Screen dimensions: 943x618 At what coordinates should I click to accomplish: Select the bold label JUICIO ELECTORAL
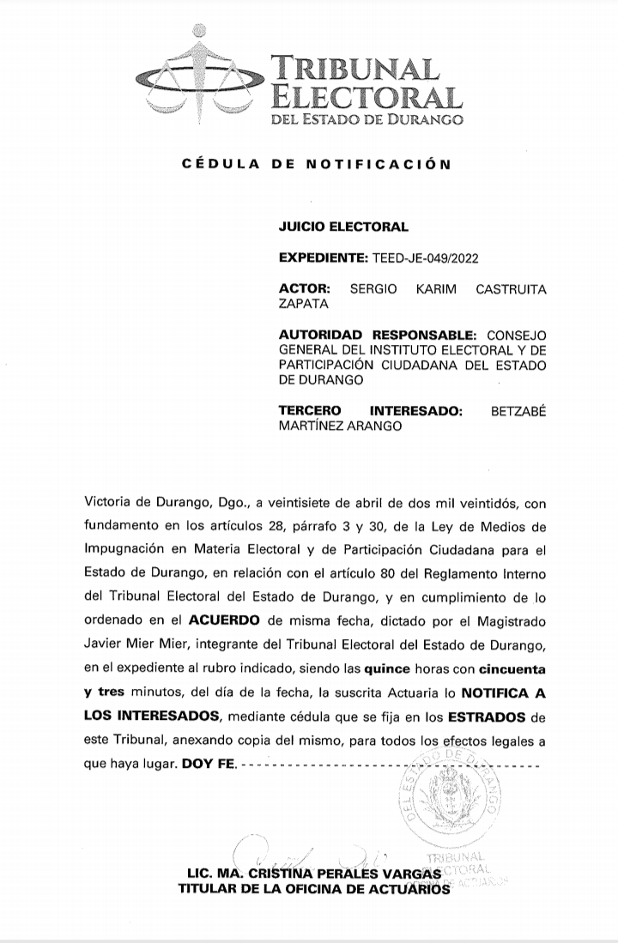pos(343,227)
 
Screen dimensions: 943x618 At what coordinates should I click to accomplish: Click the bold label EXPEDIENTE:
pos(324,257)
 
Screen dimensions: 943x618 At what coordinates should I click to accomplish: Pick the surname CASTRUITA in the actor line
pos(510,289)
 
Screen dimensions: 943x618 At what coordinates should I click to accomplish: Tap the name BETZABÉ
pos(518,410)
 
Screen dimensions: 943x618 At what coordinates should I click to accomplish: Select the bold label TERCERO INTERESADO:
pos(371,410)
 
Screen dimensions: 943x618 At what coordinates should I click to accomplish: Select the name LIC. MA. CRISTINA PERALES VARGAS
pos(314,873)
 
